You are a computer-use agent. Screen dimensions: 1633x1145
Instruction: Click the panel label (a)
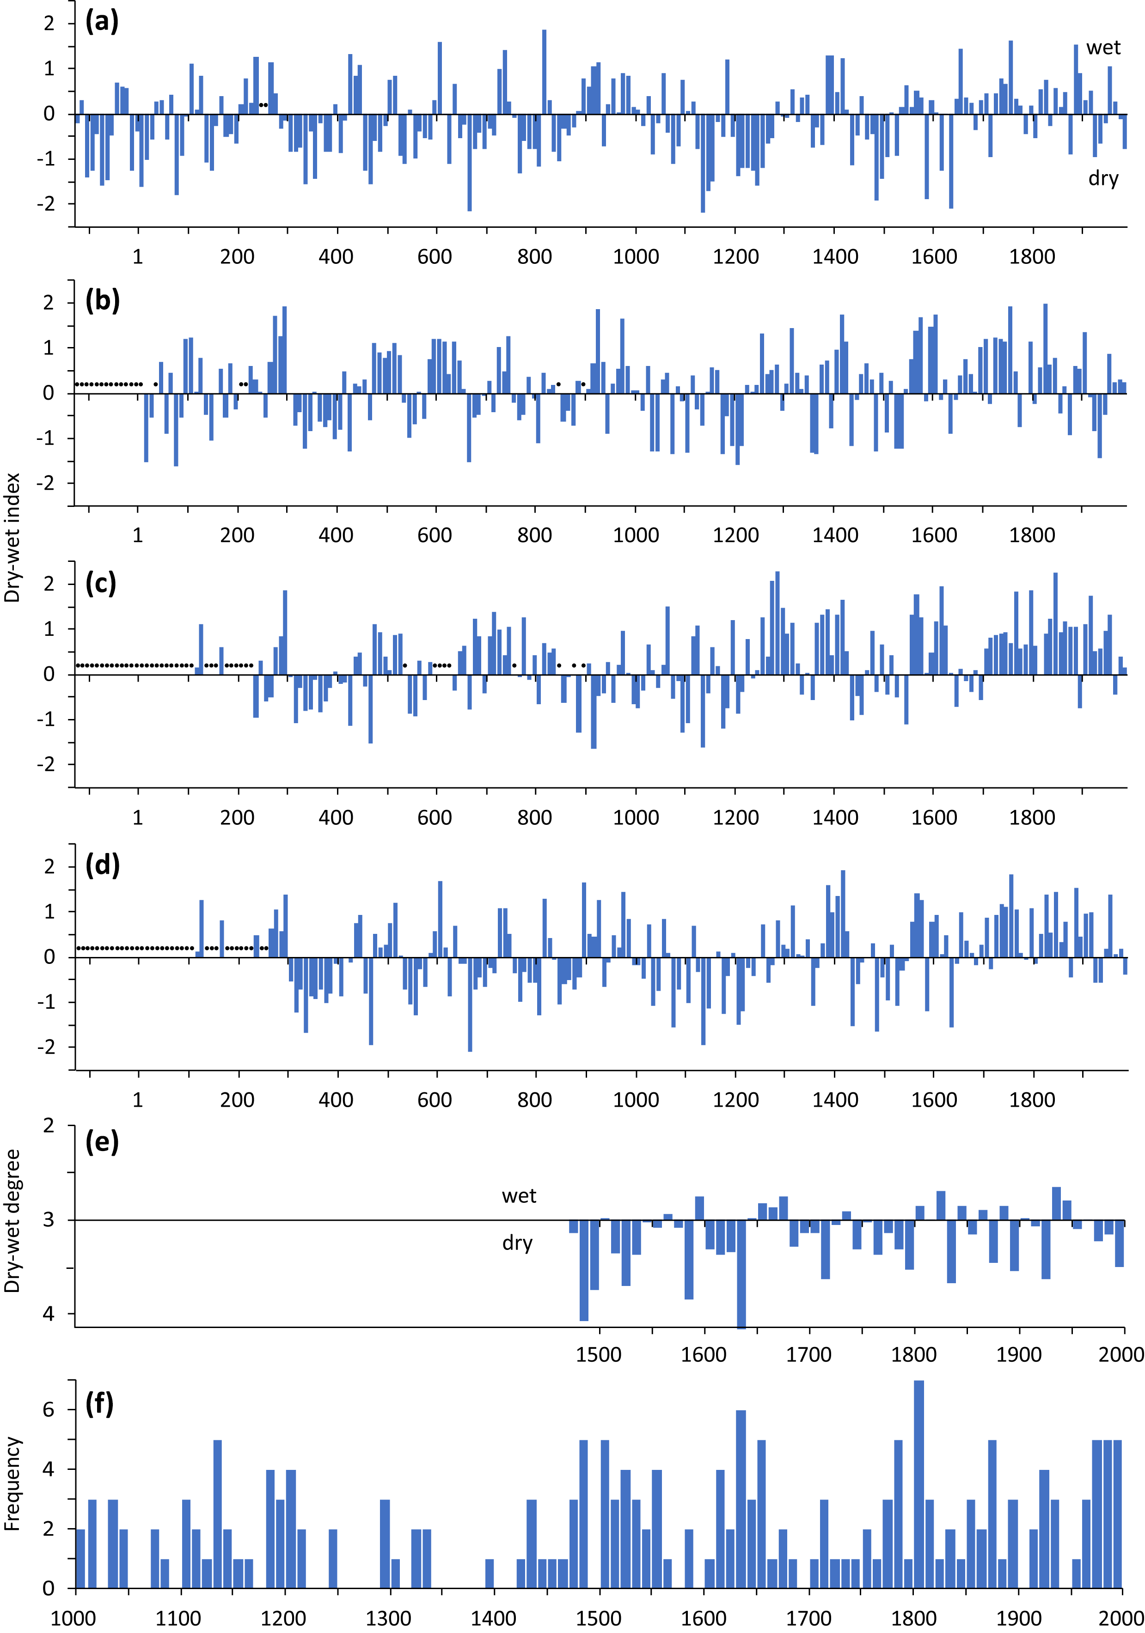tap(102, 21)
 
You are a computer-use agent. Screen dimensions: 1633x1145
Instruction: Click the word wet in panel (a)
tap(1103, 48)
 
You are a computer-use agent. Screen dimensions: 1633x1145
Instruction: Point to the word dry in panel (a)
tap(1103, 178)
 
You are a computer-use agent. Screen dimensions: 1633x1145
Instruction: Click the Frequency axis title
tap(12, 1483)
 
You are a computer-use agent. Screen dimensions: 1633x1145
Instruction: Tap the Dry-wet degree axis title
tap(12, 1220)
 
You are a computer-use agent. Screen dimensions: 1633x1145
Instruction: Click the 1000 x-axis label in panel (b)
tap(636, 536)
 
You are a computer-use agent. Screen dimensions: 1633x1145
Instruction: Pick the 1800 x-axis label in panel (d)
tap(1032, 1100)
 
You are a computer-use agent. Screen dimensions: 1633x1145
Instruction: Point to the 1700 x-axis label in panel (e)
tap(808, 1354)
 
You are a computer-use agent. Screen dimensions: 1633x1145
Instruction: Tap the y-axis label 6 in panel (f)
tap(49, 1410)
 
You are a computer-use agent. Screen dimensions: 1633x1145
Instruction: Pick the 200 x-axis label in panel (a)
tap(237, 257)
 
